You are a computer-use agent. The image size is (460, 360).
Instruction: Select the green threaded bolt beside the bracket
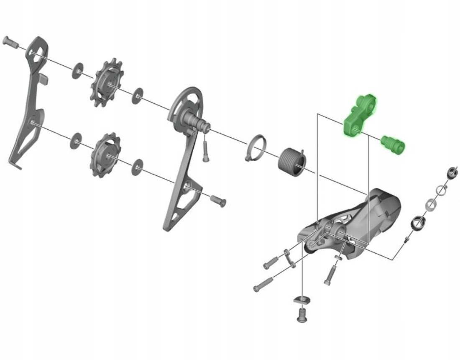coord(393,145)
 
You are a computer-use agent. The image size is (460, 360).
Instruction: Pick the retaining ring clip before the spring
coord(255,147)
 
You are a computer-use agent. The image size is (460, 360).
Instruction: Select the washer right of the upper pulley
coord(137,96)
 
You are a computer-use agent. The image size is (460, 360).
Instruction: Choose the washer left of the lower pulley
coord(77,140)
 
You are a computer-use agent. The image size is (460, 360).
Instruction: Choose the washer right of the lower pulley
coord(137,167)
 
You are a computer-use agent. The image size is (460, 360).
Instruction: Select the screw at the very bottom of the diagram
coord(302,314)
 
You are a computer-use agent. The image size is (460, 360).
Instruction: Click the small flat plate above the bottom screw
coord(300,299)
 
